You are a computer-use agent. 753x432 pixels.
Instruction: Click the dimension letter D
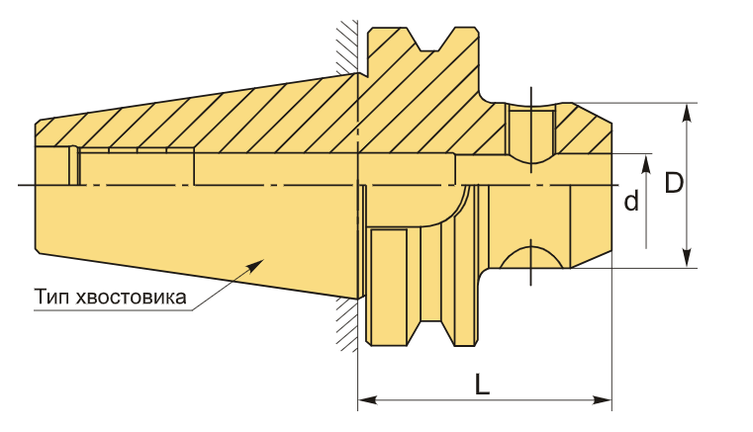point(674,184)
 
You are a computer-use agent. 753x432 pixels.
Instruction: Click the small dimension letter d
point(630,202)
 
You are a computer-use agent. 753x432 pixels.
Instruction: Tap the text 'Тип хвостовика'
point(110,296)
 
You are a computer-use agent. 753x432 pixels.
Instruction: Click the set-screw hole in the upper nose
point(530,133)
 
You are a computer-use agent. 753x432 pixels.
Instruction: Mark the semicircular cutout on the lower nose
point(531,256)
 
